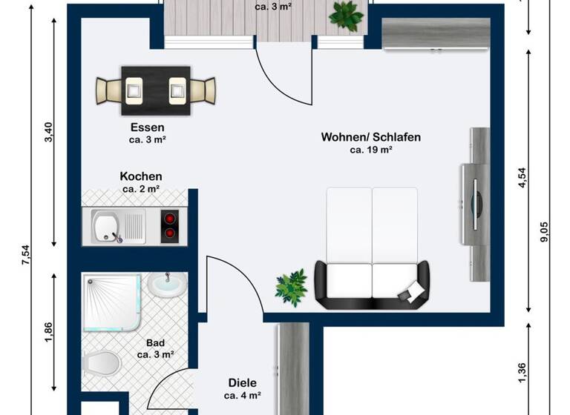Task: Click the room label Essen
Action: point(146,127)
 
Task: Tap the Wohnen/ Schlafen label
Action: point(371,137)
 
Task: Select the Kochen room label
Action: point(141,176)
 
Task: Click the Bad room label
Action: point(155,342)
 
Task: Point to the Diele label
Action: point(243,383)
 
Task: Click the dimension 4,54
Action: point(522,180)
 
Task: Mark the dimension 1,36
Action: point(522,371)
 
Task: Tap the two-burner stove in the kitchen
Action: point(171,225)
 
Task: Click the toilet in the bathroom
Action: point(101,364)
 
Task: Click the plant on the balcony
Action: point(346,15)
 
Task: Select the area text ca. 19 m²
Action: point(371,150)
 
